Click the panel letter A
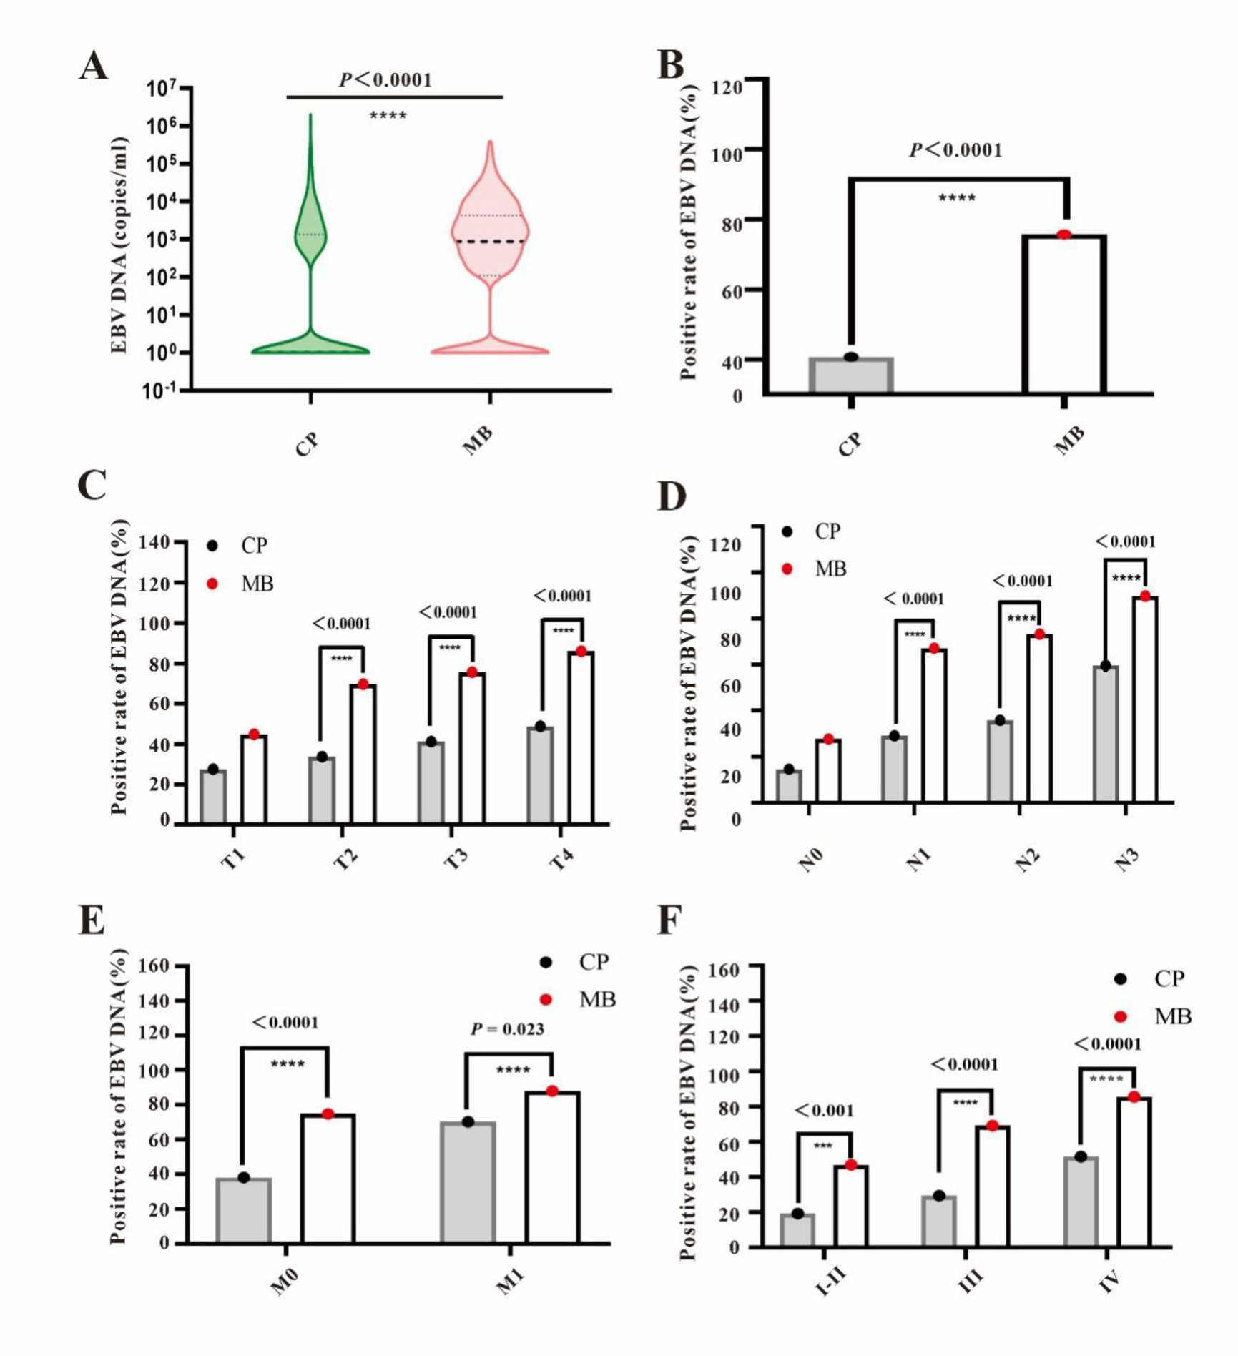94,67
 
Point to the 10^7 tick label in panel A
162,89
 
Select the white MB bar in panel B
1063,315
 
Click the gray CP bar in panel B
851,375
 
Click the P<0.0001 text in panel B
955,150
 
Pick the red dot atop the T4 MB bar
581,652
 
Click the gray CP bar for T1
213,797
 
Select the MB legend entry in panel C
243,584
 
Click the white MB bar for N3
1144,701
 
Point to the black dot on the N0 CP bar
789,770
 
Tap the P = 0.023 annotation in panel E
507,1029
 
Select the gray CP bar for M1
468,1183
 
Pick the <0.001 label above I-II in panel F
824,1111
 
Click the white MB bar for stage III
992,1187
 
